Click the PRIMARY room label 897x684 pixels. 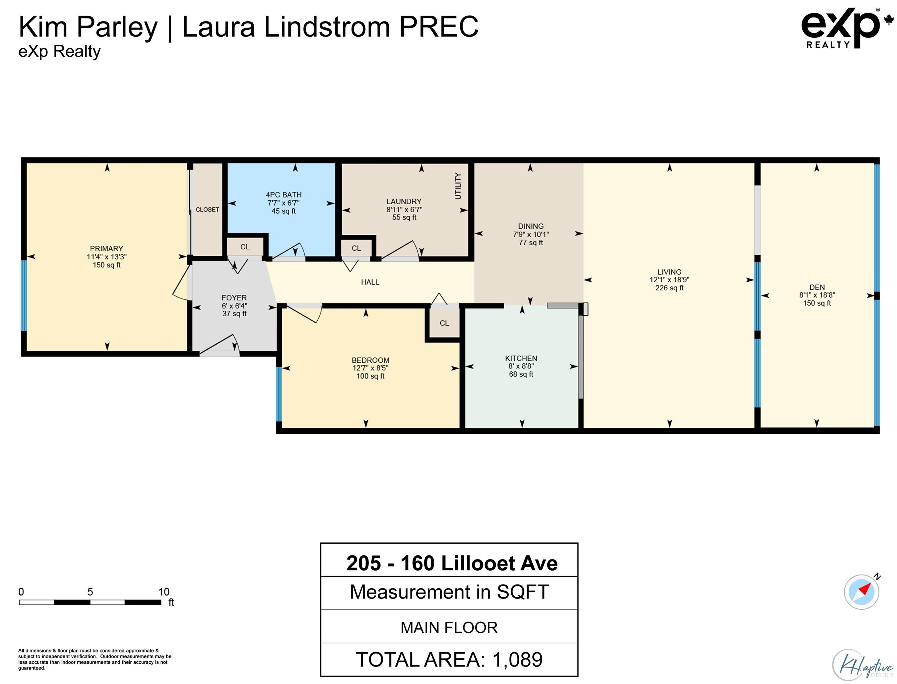(x=106, y=248)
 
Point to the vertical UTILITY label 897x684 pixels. (x=458, y=186)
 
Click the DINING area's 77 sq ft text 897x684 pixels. (x=530, y=242)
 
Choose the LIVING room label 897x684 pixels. (x=669, y=271)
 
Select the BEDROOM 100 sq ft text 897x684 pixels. (x=370, y=376)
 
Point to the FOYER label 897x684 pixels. (x=234, y=298)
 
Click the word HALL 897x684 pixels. (x=370, y=282)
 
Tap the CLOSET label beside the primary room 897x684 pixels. (x=207, y=209)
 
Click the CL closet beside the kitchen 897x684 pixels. (x=444, y=323)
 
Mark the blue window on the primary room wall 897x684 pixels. (x=24, y=296)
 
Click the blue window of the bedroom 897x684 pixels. (x=279, y=394)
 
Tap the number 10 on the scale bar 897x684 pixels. (x=164, y=591)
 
